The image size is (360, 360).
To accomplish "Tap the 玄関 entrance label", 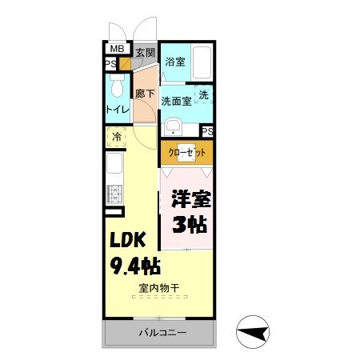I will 145,53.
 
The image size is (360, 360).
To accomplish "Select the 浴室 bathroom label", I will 174,60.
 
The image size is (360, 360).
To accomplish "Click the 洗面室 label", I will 175,101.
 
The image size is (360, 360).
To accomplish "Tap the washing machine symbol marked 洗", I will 204,95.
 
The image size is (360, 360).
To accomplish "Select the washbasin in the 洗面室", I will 172,126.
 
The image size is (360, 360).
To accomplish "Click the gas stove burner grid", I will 114,193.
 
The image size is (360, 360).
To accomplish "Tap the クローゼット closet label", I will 186,151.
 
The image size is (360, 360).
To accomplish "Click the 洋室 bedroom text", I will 190,198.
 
